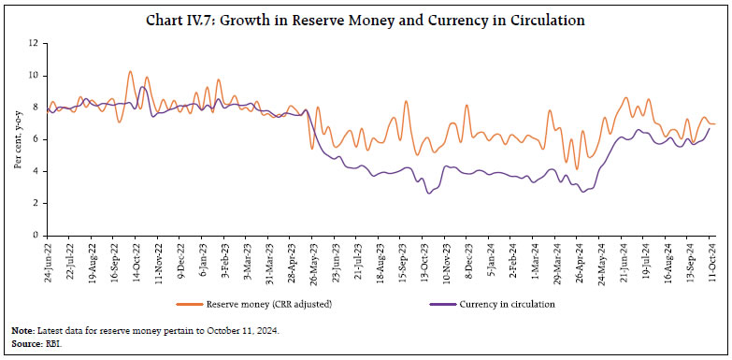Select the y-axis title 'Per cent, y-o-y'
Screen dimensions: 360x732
coord(17,137)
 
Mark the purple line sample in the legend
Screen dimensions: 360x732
coord(432,304)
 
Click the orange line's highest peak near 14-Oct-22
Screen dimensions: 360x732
coord(130,71)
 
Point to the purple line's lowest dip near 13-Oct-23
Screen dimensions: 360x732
coord(428,194)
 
